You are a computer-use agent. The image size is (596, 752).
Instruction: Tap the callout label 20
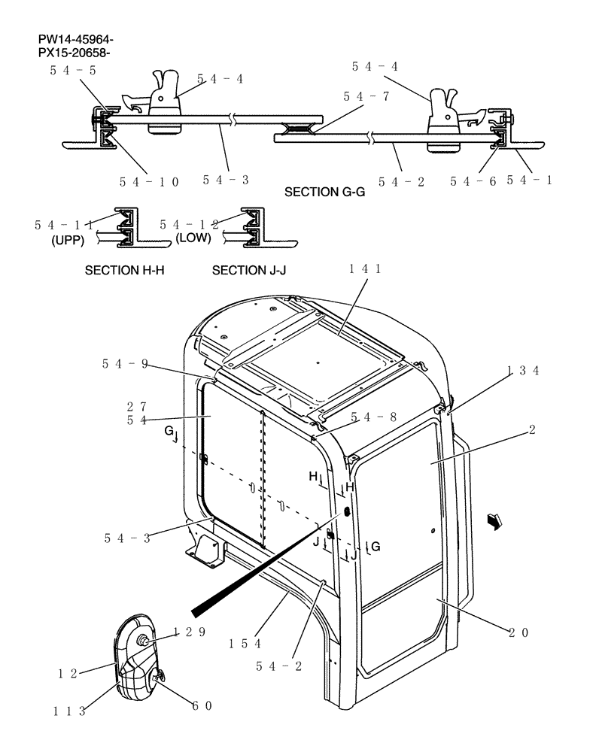pos(518,632)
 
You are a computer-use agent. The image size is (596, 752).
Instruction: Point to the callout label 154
pos(246,644)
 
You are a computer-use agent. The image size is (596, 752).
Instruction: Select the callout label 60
pos(202,705)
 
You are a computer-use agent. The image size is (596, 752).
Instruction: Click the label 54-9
pos(125,364)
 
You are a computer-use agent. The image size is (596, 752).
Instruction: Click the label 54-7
pos(366,96)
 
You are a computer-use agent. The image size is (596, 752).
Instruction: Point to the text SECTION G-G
pos(324,193)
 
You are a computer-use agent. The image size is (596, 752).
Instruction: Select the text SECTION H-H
pos(125,270)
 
